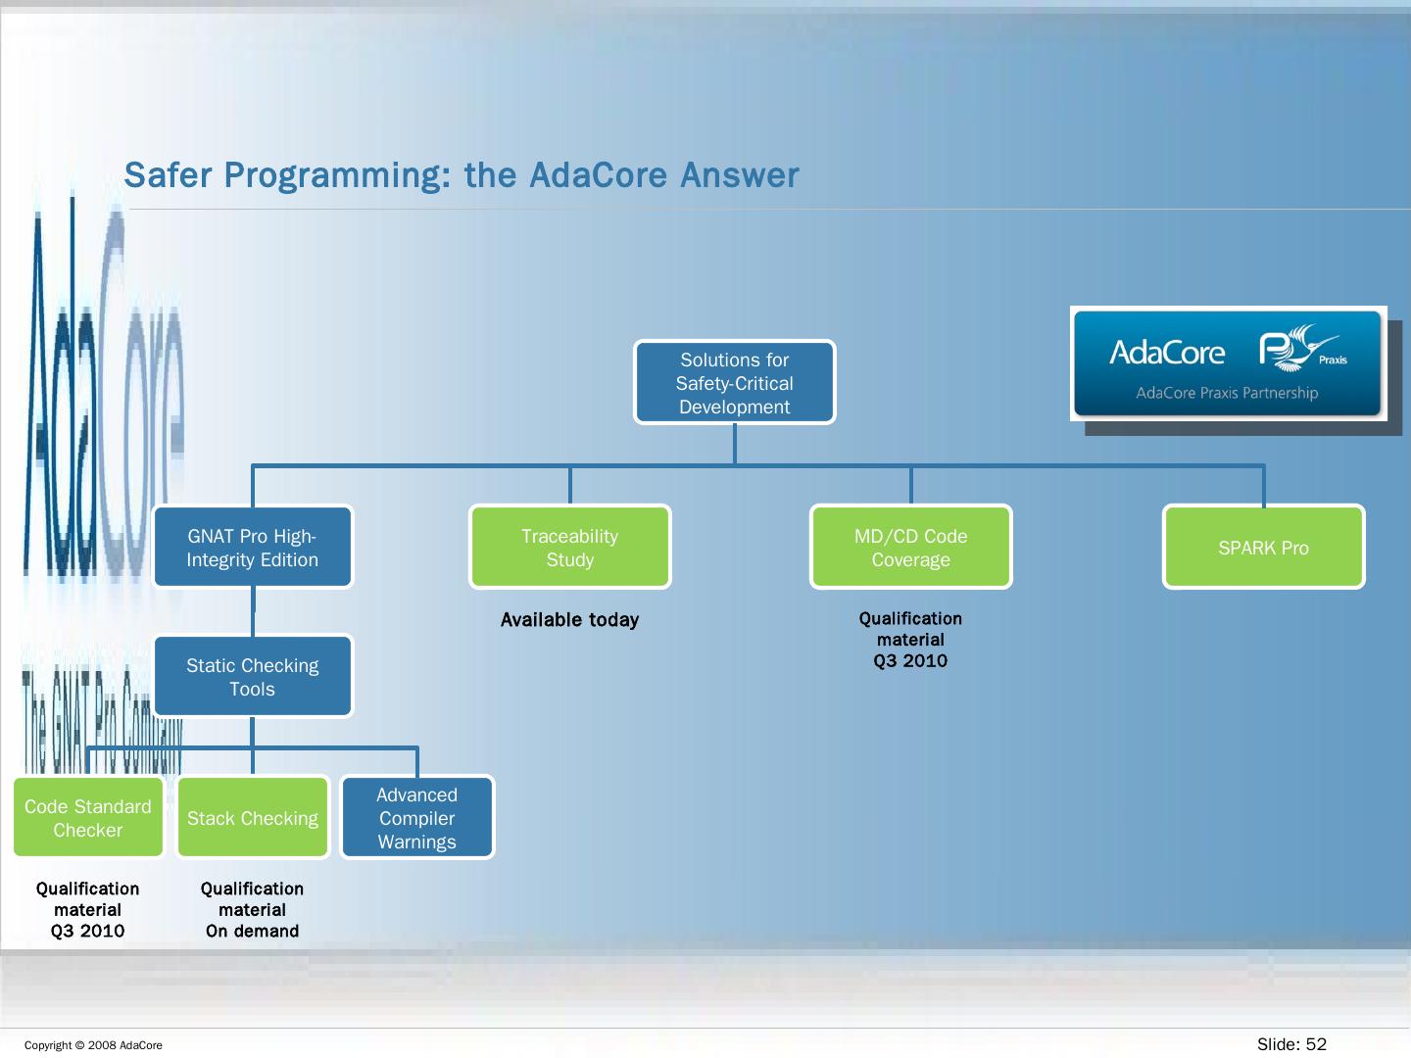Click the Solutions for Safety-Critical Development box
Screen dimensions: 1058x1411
click(735, 383)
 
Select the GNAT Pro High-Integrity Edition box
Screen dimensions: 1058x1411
click(253, 548)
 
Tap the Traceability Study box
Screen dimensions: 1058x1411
click(570, 548)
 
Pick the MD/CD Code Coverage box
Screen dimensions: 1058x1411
click(911, 548)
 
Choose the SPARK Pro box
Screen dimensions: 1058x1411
click(1264, 548)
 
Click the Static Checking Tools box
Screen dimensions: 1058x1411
click(253, 677)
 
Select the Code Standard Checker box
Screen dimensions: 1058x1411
click(88, 818)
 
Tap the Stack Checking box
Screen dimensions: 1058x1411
click(253, 818)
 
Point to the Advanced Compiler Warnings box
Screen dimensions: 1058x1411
click(417, 818)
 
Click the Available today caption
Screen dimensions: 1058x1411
click(569, 620)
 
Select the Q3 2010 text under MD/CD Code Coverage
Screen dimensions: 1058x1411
click(910, 661)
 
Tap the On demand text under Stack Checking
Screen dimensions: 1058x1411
click(252, 932)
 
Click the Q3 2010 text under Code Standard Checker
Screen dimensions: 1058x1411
click(88, 932)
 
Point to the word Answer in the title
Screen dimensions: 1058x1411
click(740, 175)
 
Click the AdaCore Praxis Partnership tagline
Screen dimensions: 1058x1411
click(1227, 393)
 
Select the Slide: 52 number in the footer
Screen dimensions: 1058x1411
click(1291, 1044)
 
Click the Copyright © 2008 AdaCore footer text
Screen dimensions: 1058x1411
click(93, 1045)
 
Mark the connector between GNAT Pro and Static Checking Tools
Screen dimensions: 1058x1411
click(253, 612)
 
